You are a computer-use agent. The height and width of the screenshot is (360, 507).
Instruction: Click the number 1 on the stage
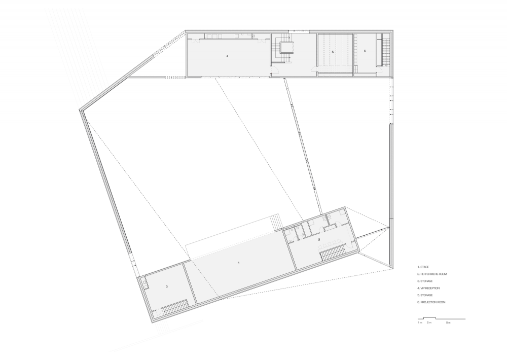(239, 263)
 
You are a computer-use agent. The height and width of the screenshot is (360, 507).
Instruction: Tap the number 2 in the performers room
(319, 239)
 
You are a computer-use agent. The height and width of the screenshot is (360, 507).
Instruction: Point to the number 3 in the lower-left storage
(166, 286)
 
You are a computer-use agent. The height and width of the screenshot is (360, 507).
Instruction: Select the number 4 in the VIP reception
(227, 56)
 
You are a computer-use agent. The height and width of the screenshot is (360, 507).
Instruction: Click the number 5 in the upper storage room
(333, 52)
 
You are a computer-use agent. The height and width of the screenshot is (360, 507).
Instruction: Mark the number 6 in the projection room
(365, 51)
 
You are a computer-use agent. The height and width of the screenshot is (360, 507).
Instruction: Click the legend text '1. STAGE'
(423, 267)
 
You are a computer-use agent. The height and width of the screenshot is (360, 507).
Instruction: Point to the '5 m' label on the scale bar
(448, 323)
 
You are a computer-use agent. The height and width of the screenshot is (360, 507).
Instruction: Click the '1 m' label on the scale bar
(420, 323)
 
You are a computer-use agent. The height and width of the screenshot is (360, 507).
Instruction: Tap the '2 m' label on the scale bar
(429, 323)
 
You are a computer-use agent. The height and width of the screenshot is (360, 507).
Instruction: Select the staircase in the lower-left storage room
(174, 307)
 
